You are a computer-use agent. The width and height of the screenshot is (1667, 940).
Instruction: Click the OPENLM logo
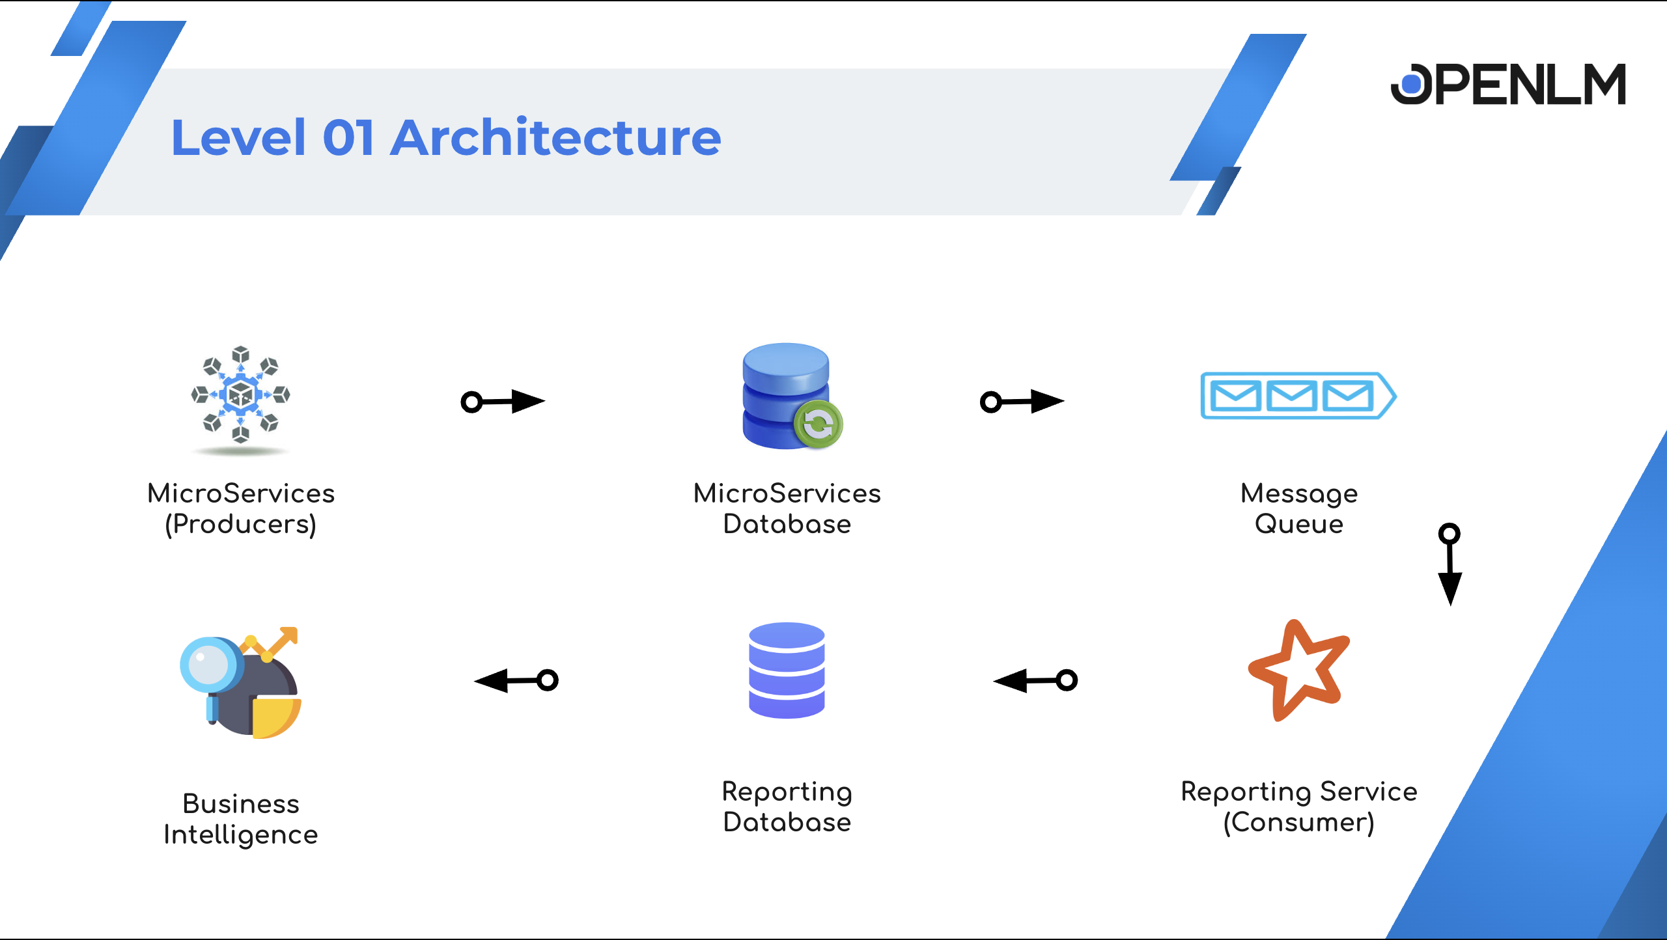point(1508,85)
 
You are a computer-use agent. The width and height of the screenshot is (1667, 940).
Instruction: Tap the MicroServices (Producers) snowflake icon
point(240,394)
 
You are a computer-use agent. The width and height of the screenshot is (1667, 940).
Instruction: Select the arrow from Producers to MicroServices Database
point(502,402)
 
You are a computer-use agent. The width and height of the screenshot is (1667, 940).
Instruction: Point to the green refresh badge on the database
point(819,425)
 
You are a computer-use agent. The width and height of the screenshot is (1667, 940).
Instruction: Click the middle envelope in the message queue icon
point(1292,395)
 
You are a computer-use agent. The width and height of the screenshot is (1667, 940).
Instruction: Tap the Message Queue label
point(1299,508)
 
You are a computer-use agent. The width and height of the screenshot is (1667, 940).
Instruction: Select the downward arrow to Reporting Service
point(1450,564)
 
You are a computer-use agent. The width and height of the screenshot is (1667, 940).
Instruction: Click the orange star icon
point(1298,670)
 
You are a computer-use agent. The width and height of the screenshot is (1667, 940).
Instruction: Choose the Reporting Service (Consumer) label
point(1299,807)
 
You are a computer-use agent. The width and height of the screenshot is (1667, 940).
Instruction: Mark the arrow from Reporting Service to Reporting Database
point(1035,681)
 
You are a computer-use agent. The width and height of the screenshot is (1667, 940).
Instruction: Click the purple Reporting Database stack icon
point(787,670)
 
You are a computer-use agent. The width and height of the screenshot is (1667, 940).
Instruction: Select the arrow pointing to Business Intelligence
point(516,681)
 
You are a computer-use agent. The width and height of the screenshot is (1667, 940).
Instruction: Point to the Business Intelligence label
point(241,819)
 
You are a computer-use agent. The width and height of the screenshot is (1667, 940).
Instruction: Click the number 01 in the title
point(348,138)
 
